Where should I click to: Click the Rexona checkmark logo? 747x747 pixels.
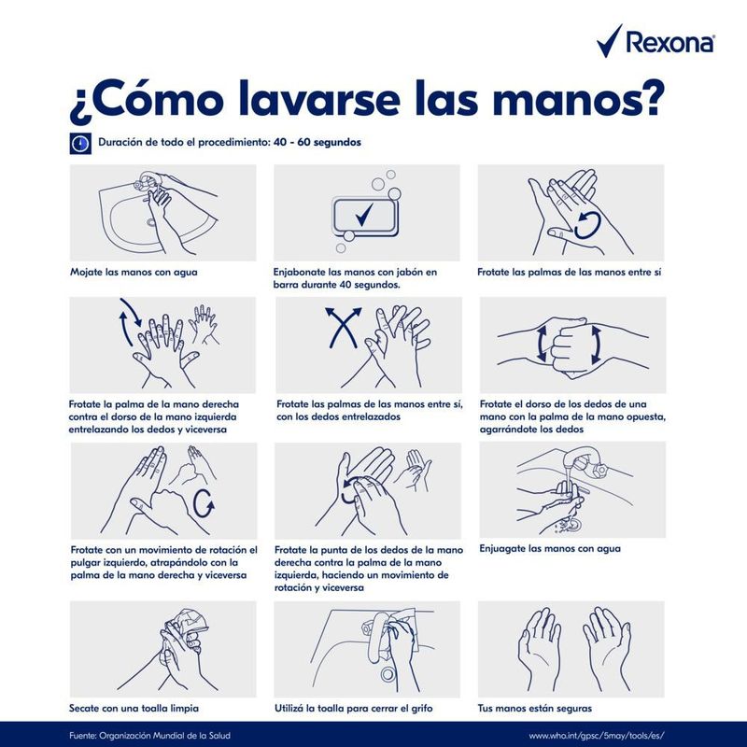(609, 42)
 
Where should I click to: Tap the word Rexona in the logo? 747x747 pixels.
(670, 42)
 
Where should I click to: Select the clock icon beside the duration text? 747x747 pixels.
(80, 143)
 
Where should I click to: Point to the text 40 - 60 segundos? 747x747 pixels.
(317, 142)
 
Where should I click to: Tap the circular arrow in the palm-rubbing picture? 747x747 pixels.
(587, 225)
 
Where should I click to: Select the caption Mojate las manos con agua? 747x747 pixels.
(134, 272)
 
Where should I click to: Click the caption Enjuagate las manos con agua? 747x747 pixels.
(550, 548)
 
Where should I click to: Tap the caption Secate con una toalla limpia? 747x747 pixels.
(134, 708)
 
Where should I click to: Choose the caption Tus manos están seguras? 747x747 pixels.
(534, 708)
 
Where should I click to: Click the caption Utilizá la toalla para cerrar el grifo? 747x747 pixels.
(354, 708)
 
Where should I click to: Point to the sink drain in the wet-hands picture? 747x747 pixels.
(151, 222)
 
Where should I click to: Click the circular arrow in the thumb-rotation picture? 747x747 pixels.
(204, 502)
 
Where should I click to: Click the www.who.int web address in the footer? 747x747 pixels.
(597, 736)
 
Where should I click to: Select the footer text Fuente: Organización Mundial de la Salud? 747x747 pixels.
(149, 736)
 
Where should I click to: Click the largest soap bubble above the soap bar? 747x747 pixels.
(394, 193)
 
